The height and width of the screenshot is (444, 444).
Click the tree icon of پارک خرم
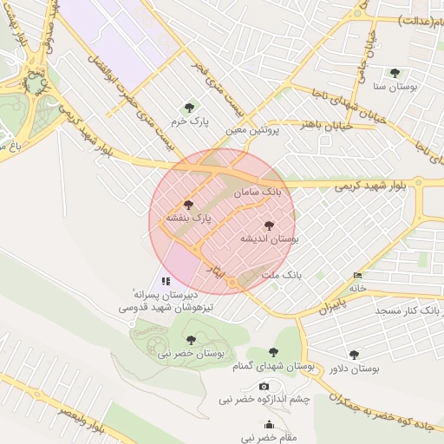pos(189,108)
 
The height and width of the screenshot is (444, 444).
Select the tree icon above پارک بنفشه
pos(189,204)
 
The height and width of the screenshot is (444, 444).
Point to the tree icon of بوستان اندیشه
pos(269,225)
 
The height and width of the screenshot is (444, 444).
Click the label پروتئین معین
pos(249,131)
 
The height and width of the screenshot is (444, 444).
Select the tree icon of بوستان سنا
pos(395,74)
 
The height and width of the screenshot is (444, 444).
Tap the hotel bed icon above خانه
pos(358,276)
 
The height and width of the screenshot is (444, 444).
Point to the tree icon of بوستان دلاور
pos(354,355)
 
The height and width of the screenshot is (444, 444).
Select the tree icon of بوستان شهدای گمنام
pos(274,352)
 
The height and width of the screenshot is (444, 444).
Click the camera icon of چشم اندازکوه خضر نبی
pos(264,386)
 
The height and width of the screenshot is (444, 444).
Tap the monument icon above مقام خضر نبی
pos(269,425)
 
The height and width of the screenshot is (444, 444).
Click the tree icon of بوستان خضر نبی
pos(191,340)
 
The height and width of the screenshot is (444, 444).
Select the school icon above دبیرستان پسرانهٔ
pos(166,281)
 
